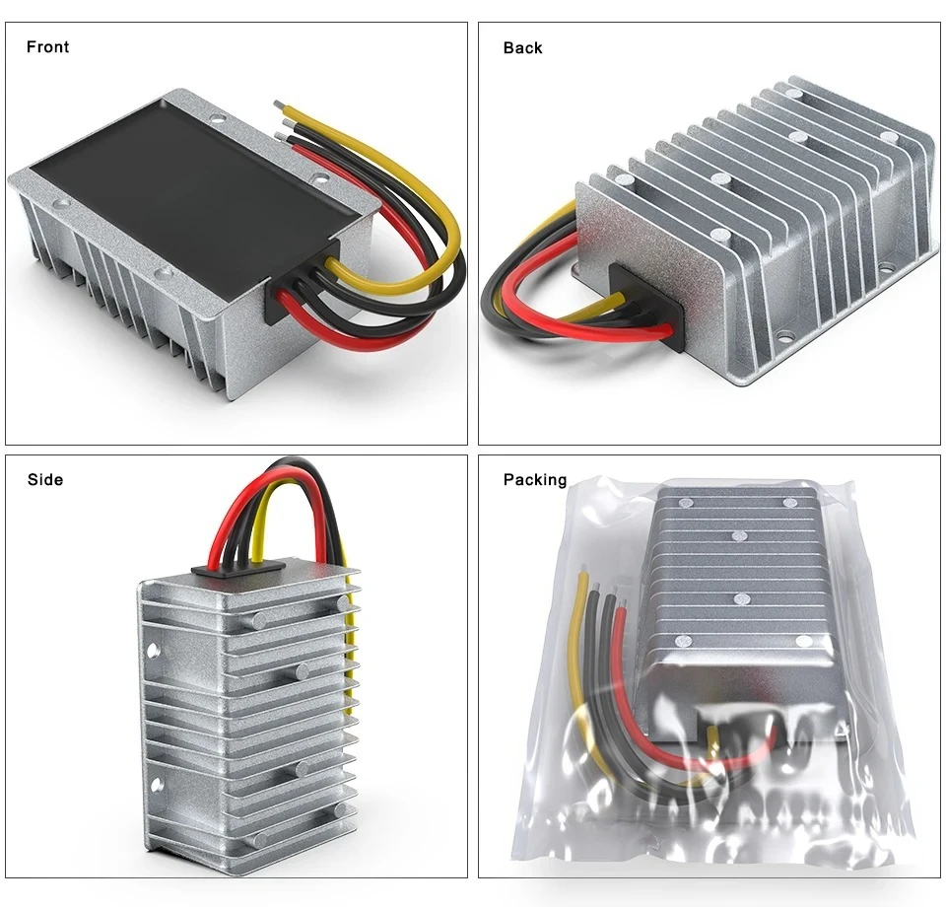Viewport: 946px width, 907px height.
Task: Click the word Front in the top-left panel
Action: pyautogui.click(x=47, y=47)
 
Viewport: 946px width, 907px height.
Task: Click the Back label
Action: pyautogui.click(x=522, y=47)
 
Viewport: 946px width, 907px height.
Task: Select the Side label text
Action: pyautogui.click(x=45, y=480)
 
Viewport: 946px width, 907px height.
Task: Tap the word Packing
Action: pyautogui.click(x=535, y=480)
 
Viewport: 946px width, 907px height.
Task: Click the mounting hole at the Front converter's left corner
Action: pyautogui.click(x=61, y=203)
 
